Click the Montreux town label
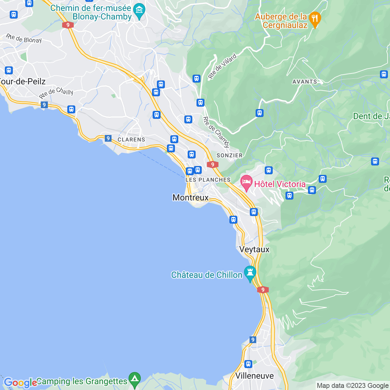pos(190,197)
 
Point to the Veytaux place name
pos(254,250)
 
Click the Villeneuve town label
pos(254,376)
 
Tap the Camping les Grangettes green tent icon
pos(134,380)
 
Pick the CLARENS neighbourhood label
pos(131,140)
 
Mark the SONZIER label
pos(229,155)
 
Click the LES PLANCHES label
pos(208,180)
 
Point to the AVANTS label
pos(305,82)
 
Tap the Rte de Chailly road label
pos(56,93)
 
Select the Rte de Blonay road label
pos(24,38)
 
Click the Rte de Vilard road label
pos(222,66)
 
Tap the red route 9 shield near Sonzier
pos(212,165)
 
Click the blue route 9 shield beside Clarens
pos(108,138)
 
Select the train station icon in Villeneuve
pos(248,364)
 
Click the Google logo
pos(20,383)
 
